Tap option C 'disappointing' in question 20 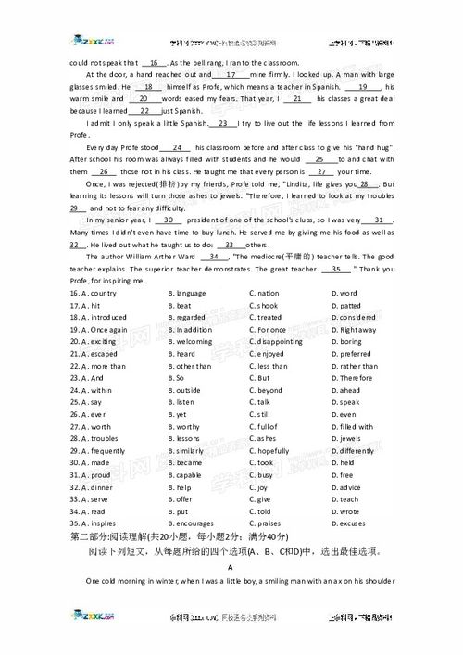282,341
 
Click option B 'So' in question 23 180,378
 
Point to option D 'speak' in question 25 349,402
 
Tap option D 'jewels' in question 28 350,438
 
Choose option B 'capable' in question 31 190,474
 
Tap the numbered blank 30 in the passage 169,220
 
